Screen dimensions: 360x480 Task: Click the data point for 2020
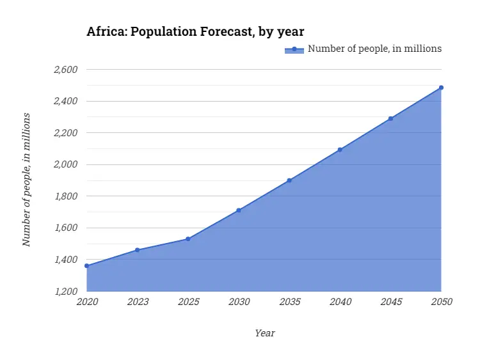[x=86, y=266]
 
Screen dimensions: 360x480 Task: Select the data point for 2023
[x=137, y=250]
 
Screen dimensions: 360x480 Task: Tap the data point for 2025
[x=188, y=239]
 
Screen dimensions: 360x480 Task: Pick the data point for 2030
[x=239, y=210]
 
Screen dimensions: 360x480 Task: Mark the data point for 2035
[x=289, y=180]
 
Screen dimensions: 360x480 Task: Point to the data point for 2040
[x=340, y=150]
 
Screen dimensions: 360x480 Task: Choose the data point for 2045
[x=390, y=118]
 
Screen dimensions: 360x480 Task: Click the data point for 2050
[x=441, y=88]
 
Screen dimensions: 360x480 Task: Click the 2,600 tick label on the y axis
[x=65, y=69]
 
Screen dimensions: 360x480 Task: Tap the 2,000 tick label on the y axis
[x=65, y=164]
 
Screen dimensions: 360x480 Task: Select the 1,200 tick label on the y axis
[x=65, y=292]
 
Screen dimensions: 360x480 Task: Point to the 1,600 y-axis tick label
[x=65, y=228]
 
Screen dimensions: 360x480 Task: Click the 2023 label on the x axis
[x=137, y=302]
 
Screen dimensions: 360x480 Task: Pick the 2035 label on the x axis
[x=289, y=302]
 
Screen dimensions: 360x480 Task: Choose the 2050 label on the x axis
[x=441, y=302]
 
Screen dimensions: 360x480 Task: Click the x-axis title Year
[x=264, y=333]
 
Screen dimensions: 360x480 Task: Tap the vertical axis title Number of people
[x=26, y=180]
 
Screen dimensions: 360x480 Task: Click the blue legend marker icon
[x=294, y=49]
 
